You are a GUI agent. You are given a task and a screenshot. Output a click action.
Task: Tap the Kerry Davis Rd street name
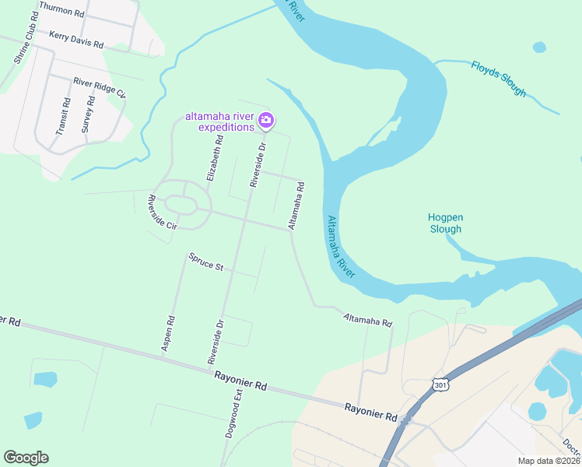click(x=76, y=40)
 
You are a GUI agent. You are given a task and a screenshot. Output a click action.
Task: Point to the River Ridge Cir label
click(x=100, y=86)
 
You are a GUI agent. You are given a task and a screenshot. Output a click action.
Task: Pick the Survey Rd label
click(x=88, y=115)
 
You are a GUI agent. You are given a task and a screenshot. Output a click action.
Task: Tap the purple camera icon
click(x=266, y=120)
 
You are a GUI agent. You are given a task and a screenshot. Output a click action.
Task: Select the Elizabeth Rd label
click(x=215, y=158)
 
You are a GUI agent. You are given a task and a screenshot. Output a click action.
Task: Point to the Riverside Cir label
click(x=163, y=211)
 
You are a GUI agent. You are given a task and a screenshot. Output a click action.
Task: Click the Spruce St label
click(x=206, y=262)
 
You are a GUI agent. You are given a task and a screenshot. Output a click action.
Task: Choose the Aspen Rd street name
click(x=168, y=334)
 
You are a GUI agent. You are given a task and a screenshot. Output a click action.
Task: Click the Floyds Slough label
click(x=499, y=78)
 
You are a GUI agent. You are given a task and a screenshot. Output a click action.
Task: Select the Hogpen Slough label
click(x=445, y=223)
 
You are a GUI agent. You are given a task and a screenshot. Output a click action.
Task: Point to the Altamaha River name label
click(x=340, y=248)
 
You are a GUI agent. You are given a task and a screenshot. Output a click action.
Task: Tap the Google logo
click(x=26, y=458)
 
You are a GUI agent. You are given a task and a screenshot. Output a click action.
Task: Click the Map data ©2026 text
click(x=549, y=461)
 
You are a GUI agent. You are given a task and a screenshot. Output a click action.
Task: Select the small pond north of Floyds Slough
click(x=539, y=47)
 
